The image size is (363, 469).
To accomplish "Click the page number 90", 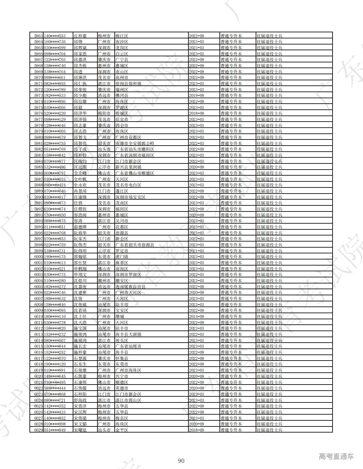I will tap(181, 461).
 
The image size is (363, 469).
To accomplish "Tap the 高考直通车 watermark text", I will tap(336, 457).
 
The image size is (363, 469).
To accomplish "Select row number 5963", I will tap(38, 36).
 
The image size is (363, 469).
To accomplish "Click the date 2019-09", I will tap(196, 96).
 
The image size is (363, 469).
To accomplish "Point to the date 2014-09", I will tap(196, 317).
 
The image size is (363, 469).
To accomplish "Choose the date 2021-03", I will tap(196, 251).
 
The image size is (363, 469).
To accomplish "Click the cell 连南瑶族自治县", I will tap(130, 287).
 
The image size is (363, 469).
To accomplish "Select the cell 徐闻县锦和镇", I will tap(128, 83).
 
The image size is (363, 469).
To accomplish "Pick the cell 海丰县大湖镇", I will tap(128, 335).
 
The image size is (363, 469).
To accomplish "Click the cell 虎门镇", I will tap(122, 257).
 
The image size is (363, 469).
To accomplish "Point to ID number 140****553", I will tap(55, 36).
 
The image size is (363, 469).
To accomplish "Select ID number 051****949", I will tap(55, 430).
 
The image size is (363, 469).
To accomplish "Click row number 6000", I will tap(38, 257).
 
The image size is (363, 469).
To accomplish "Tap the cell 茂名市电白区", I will tap(128, 185).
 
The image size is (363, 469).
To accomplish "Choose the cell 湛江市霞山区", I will tap(128, 400).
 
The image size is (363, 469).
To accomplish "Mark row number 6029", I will tap(38, 430).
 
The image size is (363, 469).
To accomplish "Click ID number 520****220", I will tap(55, 114).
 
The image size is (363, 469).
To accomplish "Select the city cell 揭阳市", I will tap(104, 114).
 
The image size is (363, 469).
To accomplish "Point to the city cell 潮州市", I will tap(104, 281).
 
